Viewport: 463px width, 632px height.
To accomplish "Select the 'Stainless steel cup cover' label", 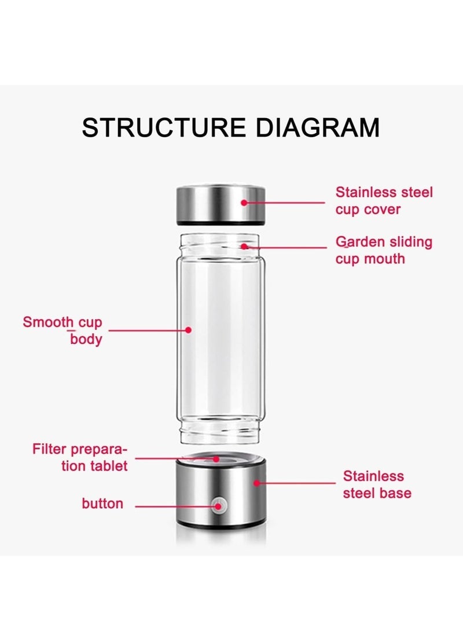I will click(x=384, y=201).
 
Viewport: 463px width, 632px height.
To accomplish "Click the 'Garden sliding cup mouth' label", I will click(x=384, y=250).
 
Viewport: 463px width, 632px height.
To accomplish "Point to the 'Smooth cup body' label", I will click(x=63, y=330).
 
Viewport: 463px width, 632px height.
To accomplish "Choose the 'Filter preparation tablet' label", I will click(x=80, y=457).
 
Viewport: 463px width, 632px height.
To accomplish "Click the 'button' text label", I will click(x=102, y=504).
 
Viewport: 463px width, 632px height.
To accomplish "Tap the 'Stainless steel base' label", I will click(x=377, y=484).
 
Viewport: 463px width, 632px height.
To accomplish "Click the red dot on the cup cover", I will click(x=244, y=203).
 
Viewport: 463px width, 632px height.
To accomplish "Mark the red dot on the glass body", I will click(x=188, y=330).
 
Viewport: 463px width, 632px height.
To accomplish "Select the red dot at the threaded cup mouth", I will click(x=245, y=247).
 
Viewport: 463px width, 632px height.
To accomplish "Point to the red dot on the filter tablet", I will click(x=216, y=459).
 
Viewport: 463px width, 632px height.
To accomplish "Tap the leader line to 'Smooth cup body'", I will click(x=148, y=330).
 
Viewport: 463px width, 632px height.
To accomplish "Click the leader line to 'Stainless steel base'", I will click(x=298, y=483).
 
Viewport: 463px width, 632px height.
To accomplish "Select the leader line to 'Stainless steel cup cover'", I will click(x=286, y=203).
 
